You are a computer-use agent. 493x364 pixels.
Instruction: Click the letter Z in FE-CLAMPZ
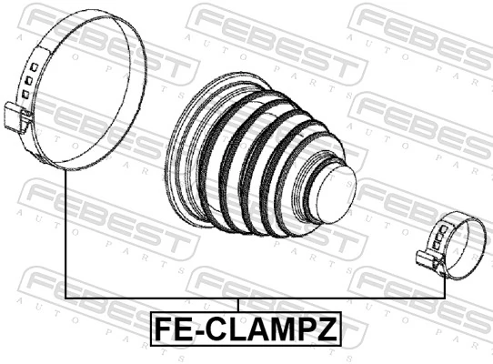point(325,327)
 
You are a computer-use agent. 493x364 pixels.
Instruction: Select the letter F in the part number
point(161,327)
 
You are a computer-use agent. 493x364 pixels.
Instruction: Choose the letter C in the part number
point(211,327)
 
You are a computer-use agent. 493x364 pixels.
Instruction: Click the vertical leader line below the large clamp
point(65,237)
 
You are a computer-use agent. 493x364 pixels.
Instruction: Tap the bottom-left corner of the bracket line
point(65,298)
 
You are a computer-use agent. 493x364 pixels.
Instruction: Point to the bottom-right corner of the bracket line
point(444,298)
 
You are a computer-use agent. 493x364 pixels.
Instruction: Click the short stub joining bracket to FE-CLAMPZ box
point(237,305)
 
